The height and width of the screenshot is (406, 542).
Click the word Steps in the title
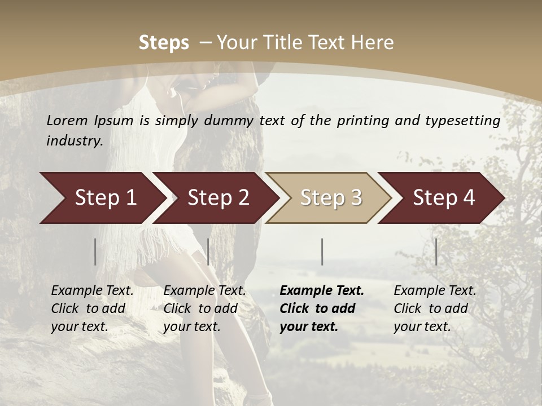coord(164,43)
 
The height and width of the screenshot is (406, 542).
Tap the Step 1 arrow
coord(105,198)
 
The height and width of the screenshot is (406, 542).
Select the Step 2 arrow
coord(218,198)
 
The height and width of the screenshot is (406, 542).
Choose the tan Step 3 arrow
coord(331,198)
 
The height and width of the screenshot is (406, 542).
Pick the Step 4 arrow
coord(444,198)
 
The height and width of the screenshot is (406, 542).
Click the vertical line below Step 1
coord(95,251)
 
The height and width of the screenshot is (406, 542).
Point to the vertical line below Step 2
coord(208,251)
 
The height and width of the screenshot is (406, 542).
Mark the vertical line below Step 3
coord(322,251)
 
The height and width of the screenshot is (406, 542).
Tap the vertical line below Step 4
coord(436,251)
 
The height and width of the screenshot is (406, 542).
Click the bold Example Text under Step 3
coord(322,291)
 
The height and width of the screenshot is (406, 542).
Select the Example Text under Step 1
coord(92,291)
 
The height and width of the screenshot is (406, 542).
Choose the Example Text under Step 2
coord(204,291)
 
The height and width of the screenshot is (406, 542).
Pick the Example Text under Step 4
coord(435,291)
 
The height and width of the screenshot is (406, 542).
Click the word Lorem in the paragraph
coord(67,121)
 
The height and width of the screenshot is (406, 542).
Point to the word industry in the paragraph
coord(74,141)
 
